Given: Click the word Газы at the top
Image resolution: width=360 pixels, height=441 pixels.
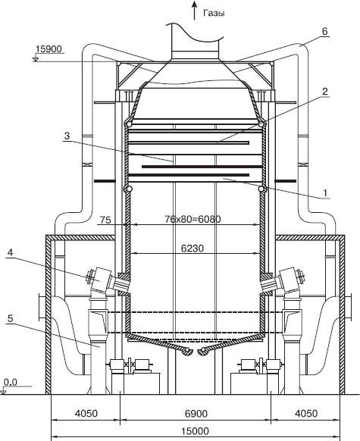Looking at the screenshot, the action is point(214,13).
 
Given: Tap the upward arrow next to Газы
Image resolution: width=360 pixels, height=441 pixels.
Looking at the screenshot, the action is point(194,11).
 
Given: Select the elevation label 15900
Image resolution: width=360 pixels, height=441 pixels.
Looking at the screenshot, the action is point(49,49).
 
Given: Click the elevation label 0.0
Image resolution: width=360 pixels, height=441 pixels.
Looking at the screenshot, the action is point(11,383).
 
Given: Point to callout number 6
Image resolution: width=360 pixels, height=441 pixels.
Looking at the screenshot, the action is point(324,31).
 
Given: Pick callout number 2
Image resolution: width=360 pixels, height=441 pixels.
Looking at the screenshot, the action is point(325,92).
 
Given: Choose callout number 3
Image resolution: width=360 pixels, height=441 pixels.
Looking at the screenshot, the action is point(67,136).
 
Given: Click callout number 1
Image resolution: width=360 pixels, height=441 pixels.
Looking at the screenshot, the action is point(325,193).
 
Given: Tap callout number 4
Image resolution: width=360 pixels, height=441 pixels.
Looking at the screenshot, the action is point(10,252).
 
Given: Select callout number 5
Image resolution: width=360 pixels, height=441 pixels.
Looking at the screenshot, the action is point(10,318).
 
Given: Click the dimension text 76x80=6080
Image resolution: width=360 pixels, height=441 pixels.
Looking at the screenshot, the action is point(193,219).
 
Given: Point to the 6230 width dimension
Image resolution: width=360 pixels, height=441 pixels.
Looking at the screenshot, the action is point(193,249).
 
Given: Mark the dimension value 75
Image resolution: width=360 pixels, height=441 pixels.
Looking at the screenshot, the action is point(105,220).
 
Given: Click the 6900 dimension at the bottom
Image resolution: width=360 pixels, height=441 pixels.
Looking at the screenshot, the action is point(196,414).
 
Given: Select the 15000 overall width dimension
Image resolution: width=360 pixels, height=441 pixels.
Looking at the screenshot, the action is point(196,431).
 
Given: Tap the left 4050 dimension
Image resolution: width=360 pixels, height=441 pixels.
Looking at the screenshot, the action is point(86,414).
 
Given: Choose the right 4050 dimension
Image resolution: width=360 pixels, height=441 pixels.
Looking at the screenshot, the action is point(306,414).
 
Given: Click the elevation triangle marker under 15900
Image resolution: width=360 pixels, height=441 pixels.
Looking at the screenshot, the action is point(36,59).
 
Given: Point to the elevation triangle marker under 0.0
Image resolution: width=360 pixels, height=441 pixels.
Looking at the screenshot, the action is point(4,392).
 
